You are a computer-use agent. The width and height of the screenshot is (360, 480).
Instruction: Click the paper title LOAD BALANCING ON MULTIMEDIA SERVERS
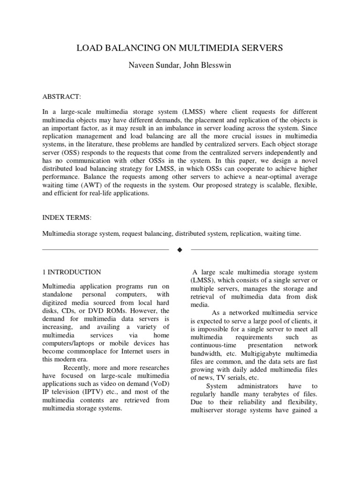180,48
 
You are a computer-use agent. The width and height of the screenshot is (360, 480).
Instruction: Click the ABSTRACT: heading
62,97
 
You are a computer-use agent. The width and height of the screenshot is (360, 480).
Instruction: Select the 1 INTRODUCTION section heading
72,272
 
